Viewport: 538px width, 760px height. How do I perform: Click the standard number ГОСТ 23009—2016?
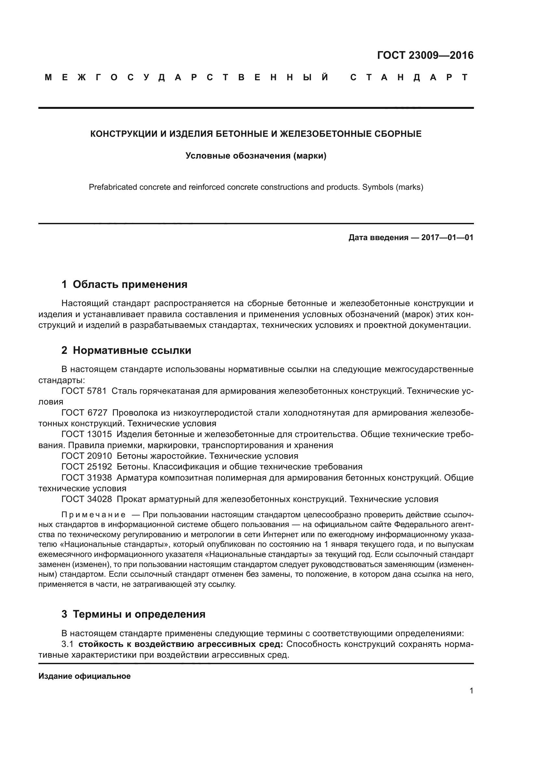point(425,55)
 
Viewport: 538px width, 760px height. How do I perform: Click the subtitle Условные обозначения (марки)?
point(256,156)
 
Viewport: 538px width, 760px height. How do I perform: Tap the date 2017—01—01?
point(447,237)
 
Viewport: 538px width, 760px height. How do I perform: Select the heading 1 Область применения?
point(124,284)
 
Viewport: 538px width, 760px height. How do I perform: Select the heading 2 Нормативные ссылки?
point(126,350)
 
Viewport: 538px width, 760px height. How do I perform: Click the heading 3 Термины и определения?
point(133,614)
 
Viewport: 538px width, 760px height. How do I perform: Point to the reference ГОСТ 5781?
point(84,391)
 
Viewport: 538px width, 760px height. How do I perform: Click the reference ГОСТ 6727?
point(84,413)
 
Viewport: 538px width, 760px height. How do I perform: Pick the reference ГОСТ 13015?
point(87,434)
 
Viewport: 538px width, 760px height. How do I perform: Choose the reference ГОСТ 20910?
point(87,456)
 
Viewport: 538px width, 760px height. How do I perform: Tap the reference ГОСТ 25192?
point(87,467)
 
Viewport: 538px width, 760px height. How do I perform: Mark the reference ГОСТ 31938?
point(87,478)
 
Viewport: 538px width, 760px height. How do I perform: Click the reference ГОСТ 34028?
point(87,499)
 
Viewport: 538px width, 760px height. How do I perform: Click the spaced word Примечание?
point(93,515)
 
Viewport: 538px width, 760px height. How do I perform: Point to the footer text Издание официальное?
point(85,676)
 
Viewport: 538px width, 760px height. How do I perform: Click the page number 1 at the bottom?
point(471,691)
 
